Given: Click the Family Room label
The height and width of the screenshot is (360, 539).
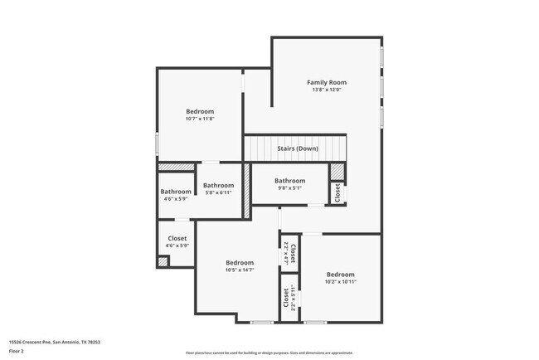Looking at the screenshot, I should point(326,82).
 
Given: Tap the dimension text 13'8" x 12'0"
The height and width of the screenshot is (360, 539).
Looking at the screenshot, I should point(326,90).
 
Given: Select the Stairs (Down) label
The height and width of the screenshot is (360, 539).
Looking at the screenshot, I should point(297,148).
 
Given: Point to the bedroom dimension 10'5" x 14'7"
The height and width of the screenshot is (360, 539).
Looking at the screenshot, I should point(240,270).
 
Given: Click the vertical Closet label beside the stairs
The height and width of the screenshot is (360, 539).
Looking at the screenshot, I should point(337,192).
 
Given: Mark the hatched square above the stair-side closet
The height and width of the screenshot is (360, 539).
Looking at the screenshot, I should point(337,171).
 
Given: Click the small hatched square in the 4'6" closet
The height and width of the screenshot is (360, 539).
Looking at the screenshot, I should point(163,262).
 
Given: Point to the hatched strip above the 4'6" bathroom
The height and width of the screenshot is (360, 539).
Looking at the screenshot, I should point(176,167).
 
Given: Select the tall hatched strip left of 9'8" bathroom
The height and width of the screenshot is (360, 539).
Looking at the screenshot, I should point(246,192).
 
